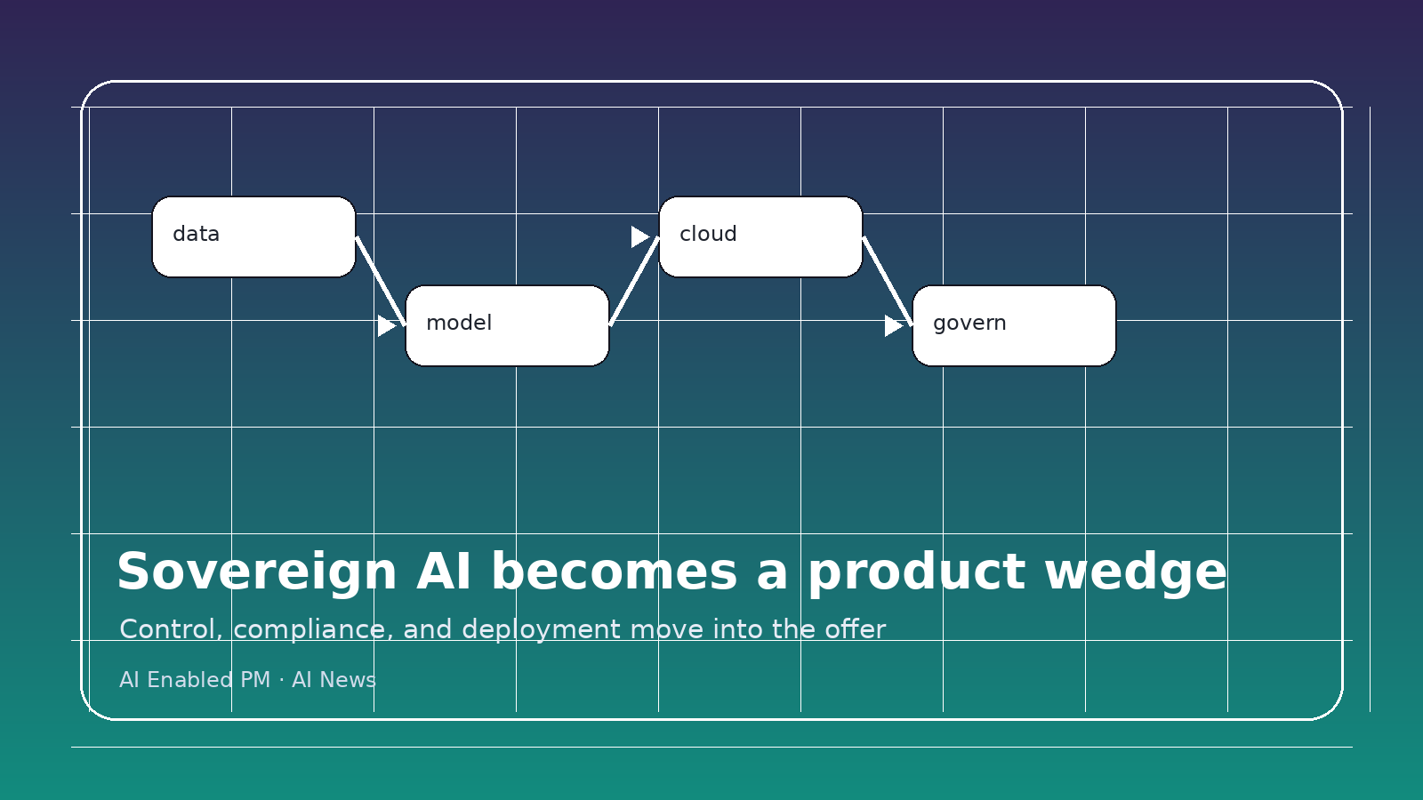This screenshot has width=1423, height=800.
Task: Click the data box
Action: coord(253,236)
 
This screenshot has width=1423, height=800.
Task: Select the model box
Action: coord(507,325)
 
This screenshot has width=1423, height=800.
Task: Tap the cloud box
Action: coord(760,236)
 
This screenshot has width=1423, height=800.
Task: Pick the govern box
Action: coord(1014,325)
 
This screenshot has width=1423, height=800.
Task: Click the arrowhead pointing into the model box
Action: coord(386,325)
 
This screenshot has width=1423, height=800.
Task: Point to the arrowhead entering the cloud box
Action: coord(639,236)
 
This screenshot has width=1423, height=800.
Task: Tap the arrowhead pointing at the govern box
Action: coord(893,325)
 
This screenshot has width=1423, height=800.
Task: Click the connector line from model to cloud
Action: coord(634,281)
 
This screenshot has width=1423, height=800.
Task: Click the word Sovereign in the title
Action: coord(256,572)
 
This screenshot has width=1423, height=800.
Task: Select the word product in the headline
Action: coord(916,572)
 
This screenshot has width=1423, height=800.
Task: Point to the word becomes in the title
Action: coord(614,572)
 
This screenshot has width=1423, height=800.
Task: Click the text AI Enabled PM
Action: coord(194,680)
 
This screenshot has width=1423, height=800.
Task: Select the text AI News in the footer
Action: coord(334,680)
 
